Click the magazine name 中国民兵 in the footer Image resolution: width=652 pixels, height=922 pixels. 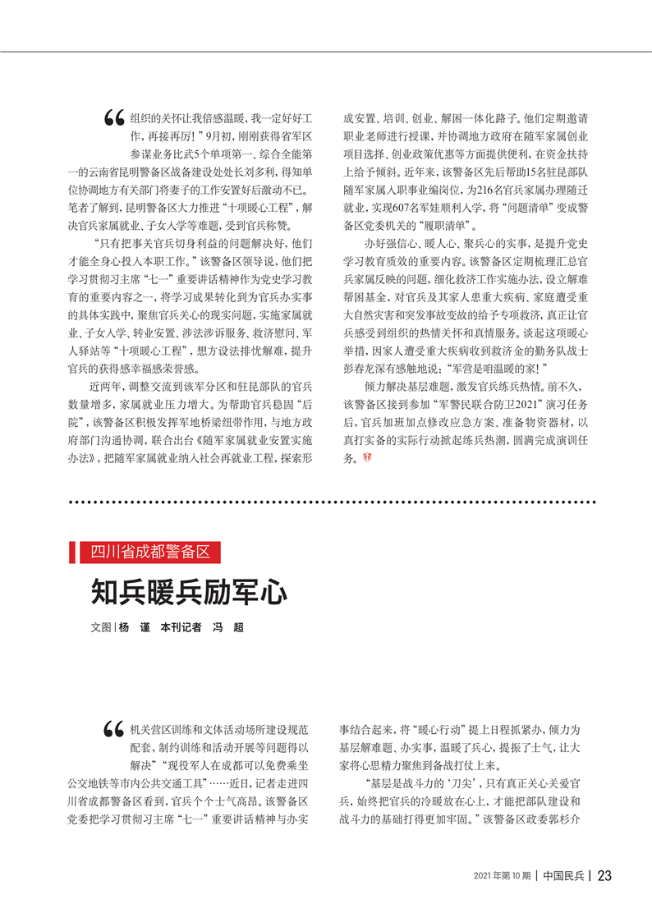pyautogui.click(x=564, y=876)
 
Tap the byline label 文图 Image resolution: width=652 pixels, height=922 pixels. pyautogui.click(x=100, y=626)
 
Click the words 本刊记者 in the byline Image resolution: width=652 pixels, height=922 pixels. pyautogui.click(x=181, y=626)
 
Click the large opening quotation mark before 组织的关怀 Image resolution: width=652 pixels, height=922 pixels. pyautogui.click(x=114, y=120)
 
